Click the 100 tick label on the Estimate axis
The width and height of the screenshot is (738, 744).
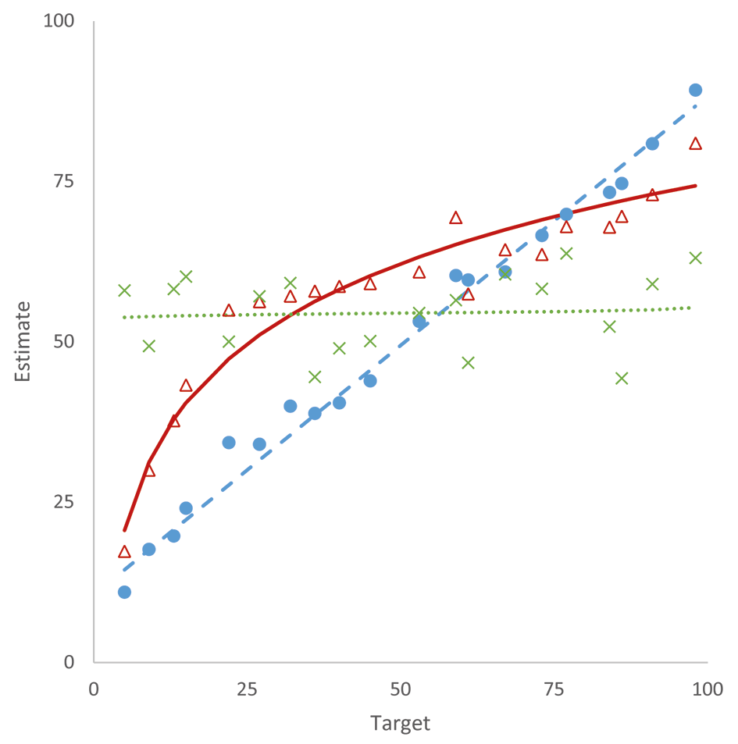pyautogui.click(x=59, y=21)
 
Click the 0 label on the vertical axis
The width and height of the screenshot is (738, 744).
pyautogui.click(x=70, y=662)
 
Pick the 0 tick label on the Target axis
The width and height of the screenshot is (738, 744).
pyautogui.click(x=94, y=689)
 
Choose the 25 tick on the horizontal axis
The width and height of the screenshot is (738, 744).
pyautogui.click(x=248, y=689)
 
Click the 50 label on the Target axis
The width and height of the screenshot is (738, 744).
pyautogui.click(x=401, y=689)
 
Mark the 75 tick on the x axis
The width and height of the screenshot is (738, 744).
pyautogui.click(x=554, y=689)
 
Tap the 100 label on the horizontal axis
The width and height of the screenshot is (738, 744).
pyautogui.click(x=707, y=689)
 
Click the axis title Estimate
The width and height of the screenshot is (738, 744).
pyautogui.click(x=23, y=342)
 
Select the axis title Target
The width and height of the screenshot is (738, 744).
pyautogui.click(x=400, y=724)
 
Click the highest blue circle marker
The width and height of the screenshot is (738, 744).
pyautogui.click(x=695, y=90)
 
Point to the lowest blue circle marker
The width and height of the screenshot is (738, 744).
pyautogui.click(x=124, y=593)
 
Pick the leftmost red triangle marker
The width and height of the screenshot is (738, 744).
pyautogui.click(x=124, y=551)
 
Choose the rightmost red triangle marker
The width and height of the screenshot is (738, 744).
pyautogui.click(x=695, y=144)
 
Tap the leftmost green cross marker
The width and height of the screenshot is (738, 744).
pyautogui.click(x=124, y=290)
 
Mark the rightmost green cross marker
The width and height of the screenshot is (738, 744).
pyautogui.click(x=695, y=258)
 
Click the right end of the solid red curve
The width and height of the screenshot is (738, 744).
pyautogui.click(x=696, y=186)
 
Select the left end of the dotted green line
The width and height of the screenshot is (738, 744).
pyautogui.click(x=124, y=317)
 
